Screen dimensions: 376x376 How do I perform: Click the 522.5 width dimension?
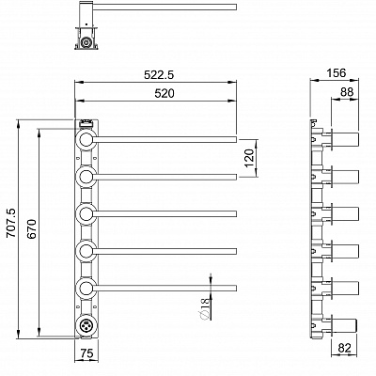pyautogui.click(x=159, y=74)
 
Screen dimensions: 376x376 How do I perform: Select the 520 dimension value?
pyautogui.click(x=164, y=93)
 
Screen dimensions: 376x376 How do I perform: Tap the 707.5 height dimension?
pyautogui.click(x=11, y=223)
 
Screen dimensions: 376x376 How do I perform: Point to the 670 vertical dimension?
pyautogui.click(x=32, y=229)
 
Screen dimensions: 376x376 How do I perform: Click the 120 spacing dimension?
pyautogui.click(x=248, y=158)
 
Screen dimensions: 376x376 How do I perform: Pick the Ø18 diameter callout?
pyautogui.click(x=204, y=308)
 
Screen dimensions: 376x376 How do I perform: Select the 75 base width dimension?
pyautogui.click(x=86, y=353)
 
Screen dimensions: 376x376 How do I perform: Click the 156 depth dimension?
pyautogui.click(x=337, y=73)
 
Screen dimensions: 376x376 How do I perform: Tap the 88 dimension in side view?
pyautogui.click(x=347, y=92)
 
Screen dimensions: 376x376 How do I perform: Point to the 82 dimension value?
pyautogui.click(x=345, y=348)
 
